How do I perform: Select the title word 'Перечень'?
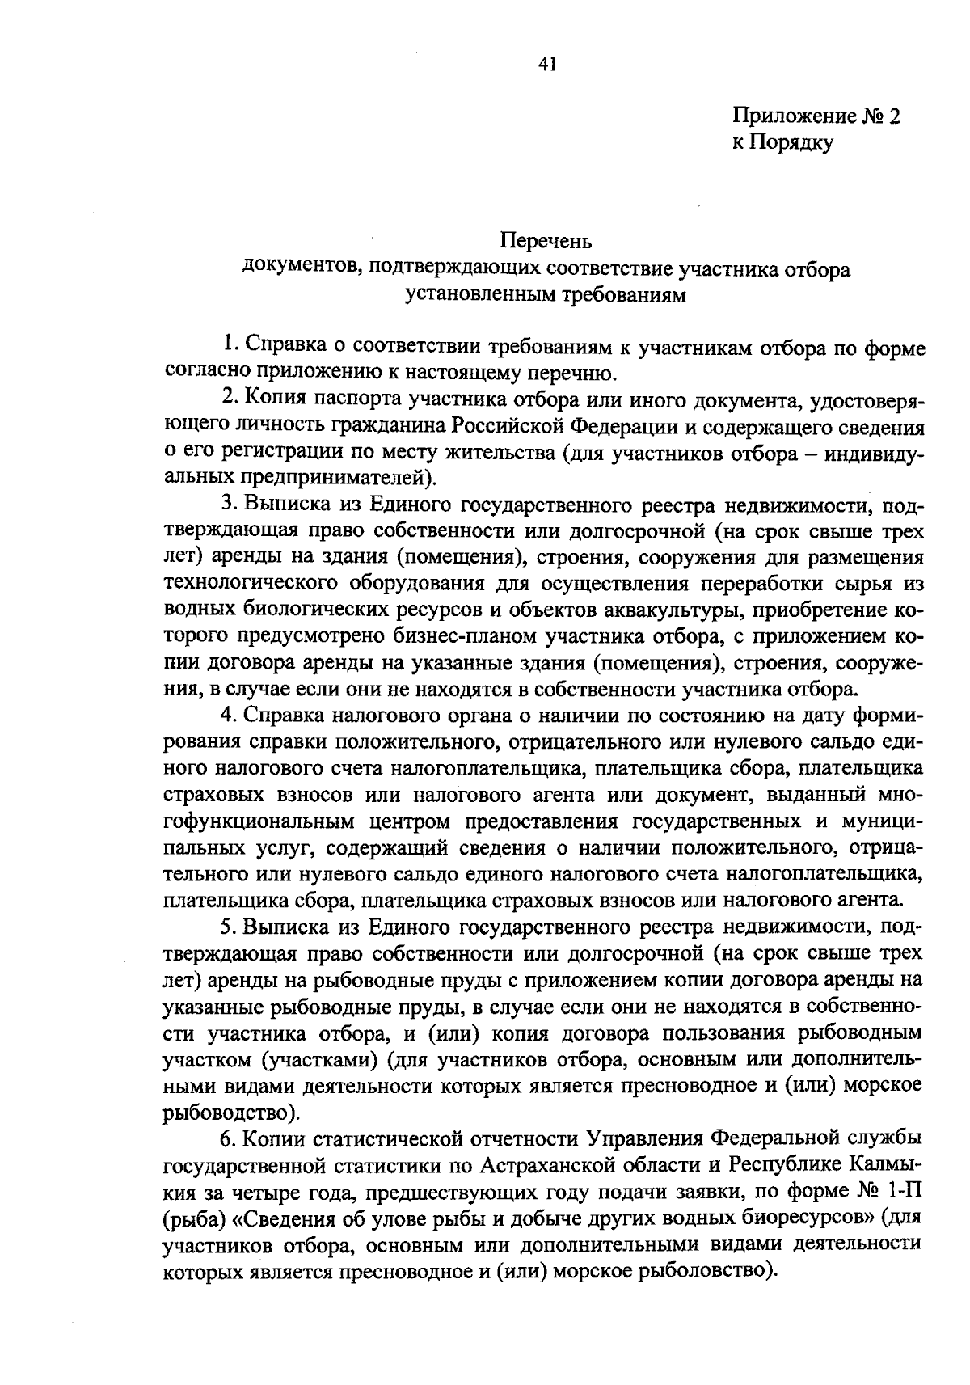point(546,241)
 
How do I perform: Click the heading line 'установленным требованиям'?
point(546,295)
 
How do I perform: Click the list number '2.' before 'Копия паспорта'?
point(230,399)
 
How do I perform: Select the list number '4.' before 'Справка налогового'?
point(230,716)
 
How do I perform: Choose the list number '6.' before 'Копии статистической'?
point(230,1139)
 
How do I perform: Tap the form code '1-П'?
point(905,1192)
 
